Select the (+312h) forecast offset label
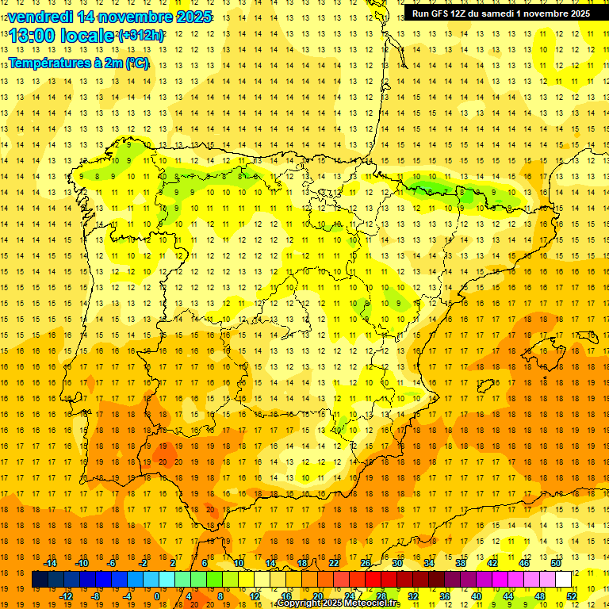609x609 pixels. click(x=140, y=36)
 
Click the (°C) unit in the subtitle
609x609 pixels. click(x=136, y=63)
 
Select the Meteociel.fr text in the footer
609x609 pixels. click(x=373, y=603)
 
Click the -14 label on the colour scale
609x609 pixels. click(x=50, y=563)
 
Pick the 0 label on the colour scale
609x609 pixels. click(x=157, y=596)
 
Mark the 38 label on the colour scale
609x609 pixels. click(x=461, y=563)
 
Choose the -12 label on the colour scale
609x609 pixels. click(x=66, y=596)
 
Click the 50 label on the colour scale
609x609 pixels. click(x=556, y=563)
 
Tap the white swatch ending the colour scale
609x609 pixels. click(x=563, y=580)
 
